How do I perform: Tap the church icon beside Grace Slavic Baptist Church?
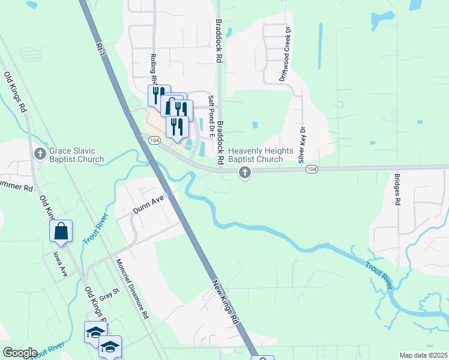pyautogui.click(x=40, y=154)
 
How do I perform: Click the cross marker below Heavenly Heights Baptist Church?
pyautogui.click(x=244, y=173)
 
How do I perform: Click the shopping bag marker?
pyautogui.click(x=61, y=231)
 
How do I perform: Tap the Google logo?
pyautogui.click(x=20, y=353)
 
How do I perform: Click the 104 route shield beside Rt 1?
pyautogui.click(x=154, y=140)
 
